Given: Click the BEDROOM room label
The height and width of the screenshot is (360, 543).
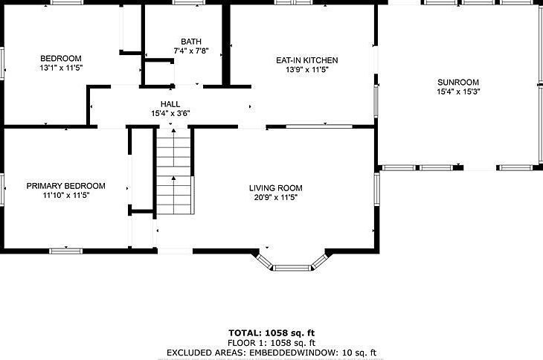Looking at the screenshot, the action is (x=61, y=58).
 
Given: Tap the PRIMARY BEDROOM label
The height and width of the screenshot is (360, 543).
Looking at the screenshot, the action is (x=65, y=186).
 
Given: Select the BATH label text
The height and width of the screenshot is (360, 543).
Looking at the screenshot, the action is (x=191, y=42).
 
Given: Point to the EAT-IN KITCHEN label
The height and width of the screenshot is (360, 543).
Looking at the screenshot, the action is (x=306, y=60).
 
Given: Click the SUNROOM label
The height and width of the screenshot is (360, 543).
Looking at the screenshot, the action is (x=458, y=83).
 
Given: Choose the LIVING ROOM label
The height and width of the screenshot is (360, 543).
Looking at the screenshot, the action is (x=276, y=188).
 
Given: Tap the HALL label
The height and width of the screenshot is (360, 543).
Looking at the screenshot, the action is (x=170, y=104).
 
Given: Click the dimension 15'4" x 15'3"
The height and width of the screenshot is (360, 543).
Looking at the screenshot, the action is (x=458, y=91).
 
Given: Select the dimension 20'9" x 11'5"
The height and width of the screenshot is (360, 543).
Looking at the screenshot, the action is (x=276, y=197).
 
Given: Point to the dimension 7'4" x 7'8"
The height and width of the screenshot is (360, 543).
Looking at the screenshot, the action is (x=191, y=51).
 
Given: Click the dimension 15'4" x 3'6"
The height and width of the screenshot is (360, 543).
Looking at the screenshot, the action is (x=170, y=113).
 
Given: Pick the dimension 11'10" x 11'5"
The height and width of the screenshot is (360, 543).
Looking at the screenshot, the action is (x=65, y=195).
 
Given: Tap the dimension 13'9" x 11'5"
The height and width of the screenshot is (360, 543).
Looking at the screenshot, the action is (x=306, y=70).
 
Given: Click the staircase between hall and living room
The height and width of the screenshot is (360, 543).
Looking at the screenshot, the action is (x=174, y=171).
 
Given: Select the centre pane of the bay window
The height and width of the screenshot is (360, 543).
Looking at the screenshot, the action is (x=292, y=268).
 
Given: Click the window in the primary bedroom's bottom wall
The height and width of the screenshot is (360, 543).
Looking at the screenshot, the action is (x=65, y=251).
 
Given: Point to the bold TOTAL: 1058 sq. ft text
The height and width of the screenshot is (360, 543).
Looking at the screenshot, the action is (x=271, y=333).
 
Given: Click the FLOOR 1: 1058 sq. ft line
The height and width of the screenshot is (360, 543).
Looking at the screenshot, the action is (x=271, y=343).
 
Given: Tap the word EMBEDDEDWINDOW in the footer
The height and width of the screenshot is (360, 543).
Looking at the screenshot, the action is (x=293, y=353).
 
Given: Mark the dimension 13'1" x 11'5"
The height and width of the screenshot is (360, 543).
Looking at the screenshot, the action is (x=61, y=68).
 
